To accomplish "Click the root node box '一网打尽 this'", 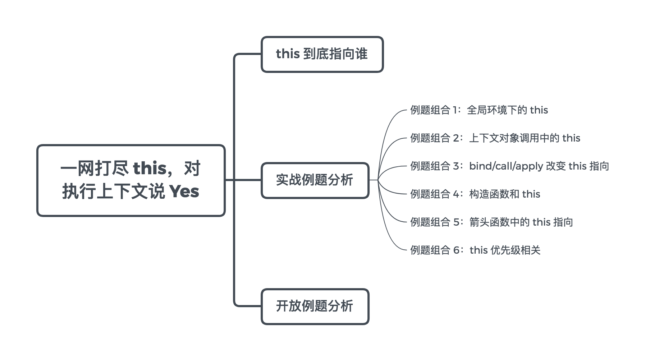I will tap(131, 180).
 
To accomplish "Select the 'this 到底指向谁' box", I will tap(322, 54).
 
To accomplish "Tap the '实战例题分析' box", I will tap(315, 180).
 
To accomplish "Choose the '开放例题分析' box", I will tap(315, 306).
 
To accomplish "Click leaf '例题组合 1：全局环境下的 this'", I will tap(479, 110).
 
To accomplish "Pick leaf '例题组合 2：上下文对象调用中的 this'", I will tap(495, 138).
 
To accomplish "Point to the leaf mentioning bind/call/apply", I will tap(509, 166).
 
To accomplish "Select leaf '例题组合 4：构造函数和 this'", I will tap(475, 194).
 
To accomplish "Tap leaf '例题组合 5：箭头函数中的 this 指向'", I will tap(491, 222).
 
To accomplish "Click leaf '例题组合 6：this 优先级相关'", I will tap(475, 250).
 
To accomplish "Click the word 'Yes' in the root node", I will tap(184, 191).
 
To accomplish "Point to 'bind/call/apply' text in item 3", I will tap(506, 166).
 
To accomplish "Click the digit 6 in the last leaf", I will tap(456, 250).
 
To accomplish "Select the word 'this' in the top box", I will tap(288, 54).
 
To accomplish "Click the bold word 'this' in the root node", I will tap(150, 169).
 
